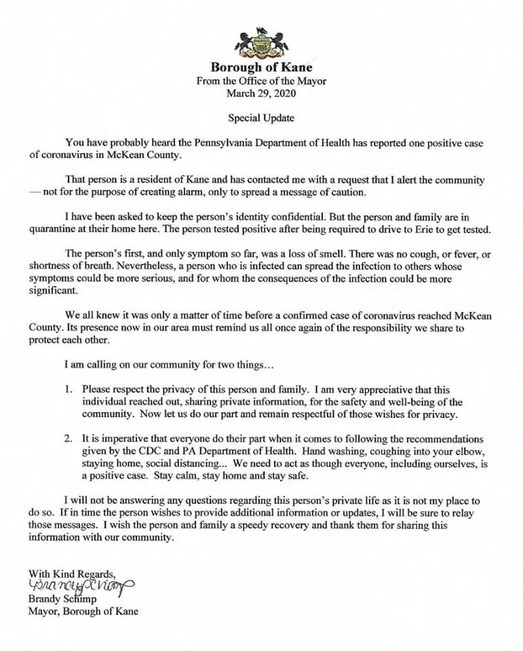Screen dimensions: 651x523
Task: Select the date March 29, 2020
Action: tap(261, 93)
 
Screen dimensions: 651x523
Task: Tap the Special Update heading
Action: tap(261, 118)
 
